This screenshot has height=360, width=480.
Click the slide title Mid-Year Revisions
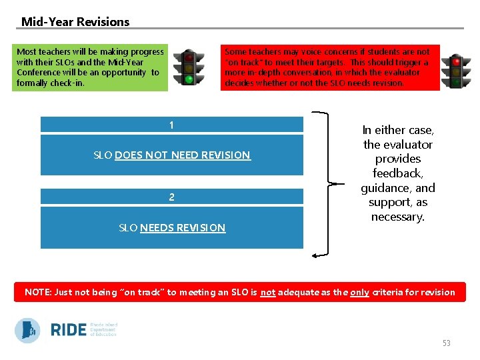75,21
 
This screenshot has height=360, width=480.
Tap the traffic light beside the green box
189,67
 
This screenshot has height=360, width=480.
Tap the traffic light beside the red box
456,71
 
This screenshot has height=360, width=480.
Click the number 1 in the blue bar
171,125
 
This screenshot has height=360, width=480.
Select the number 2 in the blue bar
171,197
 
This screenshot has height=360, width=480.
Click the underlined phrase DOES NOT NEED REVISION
183,155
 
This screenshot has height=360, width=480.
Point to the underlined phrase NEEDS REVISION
183,228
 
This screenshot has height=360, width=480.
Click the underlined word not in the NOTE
267,292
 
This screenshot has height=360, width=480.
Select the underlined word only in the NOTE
361,292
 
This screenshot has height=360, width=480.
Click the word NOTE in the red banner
39,292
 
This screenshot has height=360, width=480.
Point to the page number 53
446,343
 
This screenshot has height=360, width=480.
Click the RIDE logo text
69,330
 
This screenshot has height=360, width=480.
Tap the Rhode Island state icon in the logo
27,330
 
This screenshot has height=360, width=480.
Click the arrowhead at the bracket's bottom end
315,255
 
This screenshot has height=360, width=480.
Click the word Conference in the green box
38,73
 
